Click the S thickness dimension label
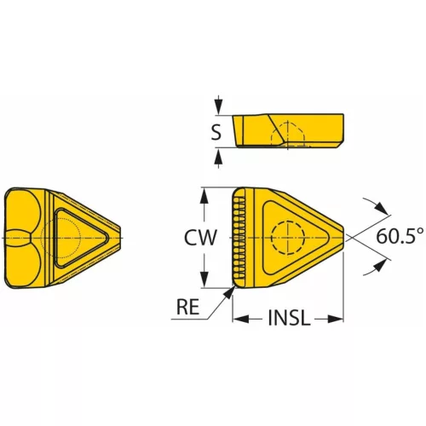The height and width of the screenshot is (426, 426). [x=216, y=132]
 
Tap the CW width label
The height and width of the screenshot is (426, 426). [x=200, y=238]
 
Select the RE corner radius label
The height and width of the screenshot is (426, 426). [x=187, y=307]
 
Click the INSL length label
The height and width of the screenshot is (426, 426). [x=288, y=318]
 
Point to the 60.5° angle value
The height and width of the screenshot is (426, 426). [x=400, y=236]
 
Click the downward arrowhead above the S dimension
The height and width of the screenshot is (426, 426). [x=218, y=107]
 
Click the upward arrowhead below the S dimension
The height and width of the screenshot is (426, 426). [x=218, y=156]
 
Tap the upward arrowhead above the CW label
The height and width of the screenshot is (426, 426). [x=204, y=196]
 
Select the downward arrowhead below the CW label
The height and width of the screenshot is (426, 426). [x=204, y=279]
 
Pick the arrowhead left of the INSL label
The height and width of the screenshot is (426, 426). [x=241, y=319]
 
